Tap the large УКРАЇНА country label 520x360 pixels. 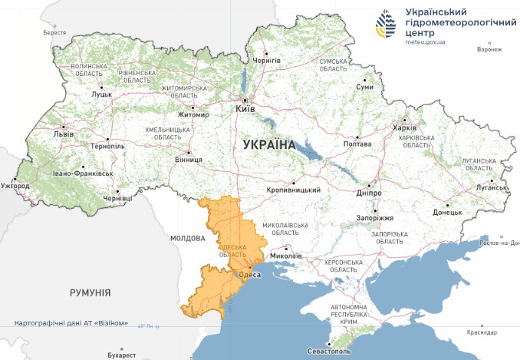pyautogui.click(x=268, y=144)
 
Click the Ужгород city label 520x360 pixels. pyautogui.click(x=15, y=186)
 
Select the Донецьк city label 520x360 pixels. pyautogui.click(x=447, y=212)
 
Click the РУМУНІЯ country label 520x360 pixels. pyautogui.click(x=90, y=292)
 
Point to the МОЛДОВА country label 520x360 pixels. pyautogui.click(x=188, y=238)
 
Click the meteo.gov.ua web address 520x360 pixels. pyautogui.click(x=425, y=41)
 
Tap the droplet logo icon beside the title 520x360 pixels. pyautogui.click(x=386, y=25)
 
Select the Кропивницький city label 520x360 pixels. pyautogui.click(x=293, y=190)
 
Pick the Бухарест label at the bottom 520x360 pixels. pyautogui.click(x=121, y=355)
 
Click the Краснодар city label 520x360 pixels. pyautogui.click(x=479, y=332)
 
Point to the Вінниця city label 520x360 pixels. pyautogui.click(x=189, y=160)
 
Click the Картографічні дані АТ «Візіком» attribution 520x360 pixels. pyautogui.click(x=71, y=323)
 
